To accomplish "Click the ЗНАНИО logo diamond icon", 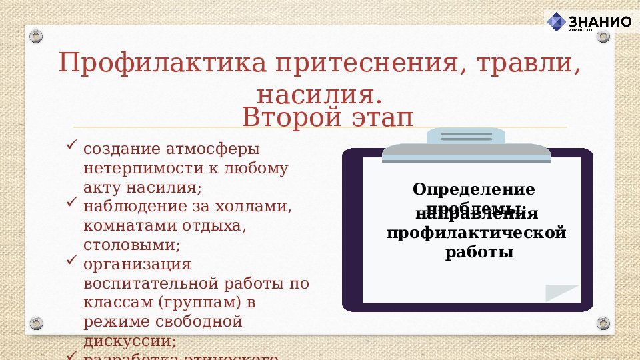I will point(556,21).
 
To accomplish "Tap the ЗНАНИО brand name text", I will point(600,21).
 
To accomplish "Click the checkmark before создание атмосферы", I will point(73,143).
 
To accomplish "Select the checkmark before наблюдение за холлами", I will point(73,201).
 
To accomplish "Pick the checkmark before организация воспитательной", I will point(73,259).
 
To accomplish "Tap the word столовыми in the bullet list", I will point(131,245).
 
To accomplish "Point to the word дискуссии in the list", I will point(129,341).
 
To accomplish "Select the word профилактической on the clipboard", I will point(476,233).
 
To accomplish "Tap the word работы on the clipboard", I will point(479,253).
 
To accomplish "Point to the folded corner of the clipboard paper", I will point(562,293).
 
